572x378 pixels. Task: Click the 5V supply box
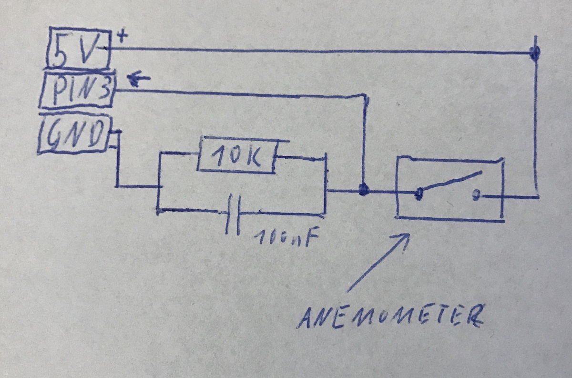pos(79,48)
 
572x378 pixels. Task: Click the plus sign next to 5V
pos(122,36)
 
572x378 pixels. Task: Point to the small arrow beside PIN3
pos(138,78)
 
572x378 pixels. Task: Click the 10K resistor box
pos(237,155)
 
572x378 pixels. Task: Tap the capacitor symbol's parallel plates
pos(233,214)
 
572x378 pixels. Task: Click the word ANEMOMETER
pos(390,317)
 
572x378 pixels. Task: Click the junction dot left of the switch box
pos(364,190)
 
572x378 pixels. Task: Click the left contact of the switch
pos(419,194)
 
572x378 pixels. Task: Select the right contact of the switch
pos(476,195)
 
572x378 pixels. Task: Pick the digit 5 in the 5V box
pos(61,49)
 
